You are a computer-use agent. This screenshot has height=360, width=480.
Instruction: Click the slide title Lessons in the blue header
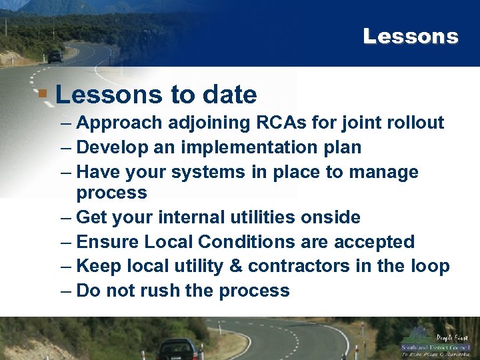point(411,36)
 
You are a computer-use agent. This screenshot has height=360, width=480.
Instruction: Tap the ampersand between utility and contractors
point(237,266)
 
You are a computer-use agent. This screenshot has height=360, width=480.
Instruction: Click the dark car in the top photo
point(55,57)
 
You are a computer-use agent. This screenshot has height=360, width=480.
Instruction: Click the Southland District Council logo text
point(435,347)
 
